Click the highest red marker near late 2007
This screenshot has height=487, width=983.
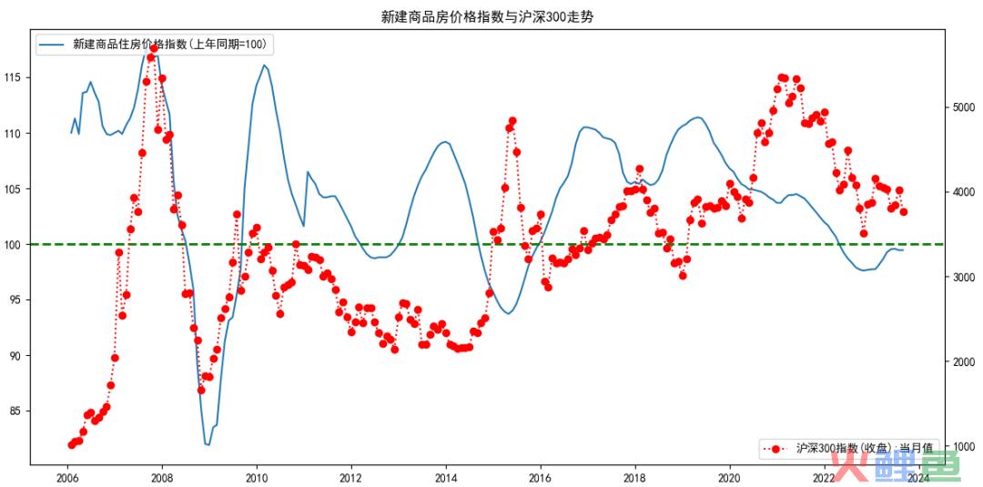pos(154,48)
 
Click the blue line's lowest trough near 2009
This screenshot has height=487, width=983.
pos(208,444)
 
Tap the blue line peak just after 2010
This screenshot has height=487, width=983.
pos(264,65)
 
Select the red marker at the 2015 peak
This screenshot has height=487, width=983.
pos(512,120)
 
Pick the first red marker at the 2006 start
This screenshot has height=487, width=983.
pos(71,444)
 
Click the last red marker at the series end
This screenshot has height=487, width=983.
pos(904,211)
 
